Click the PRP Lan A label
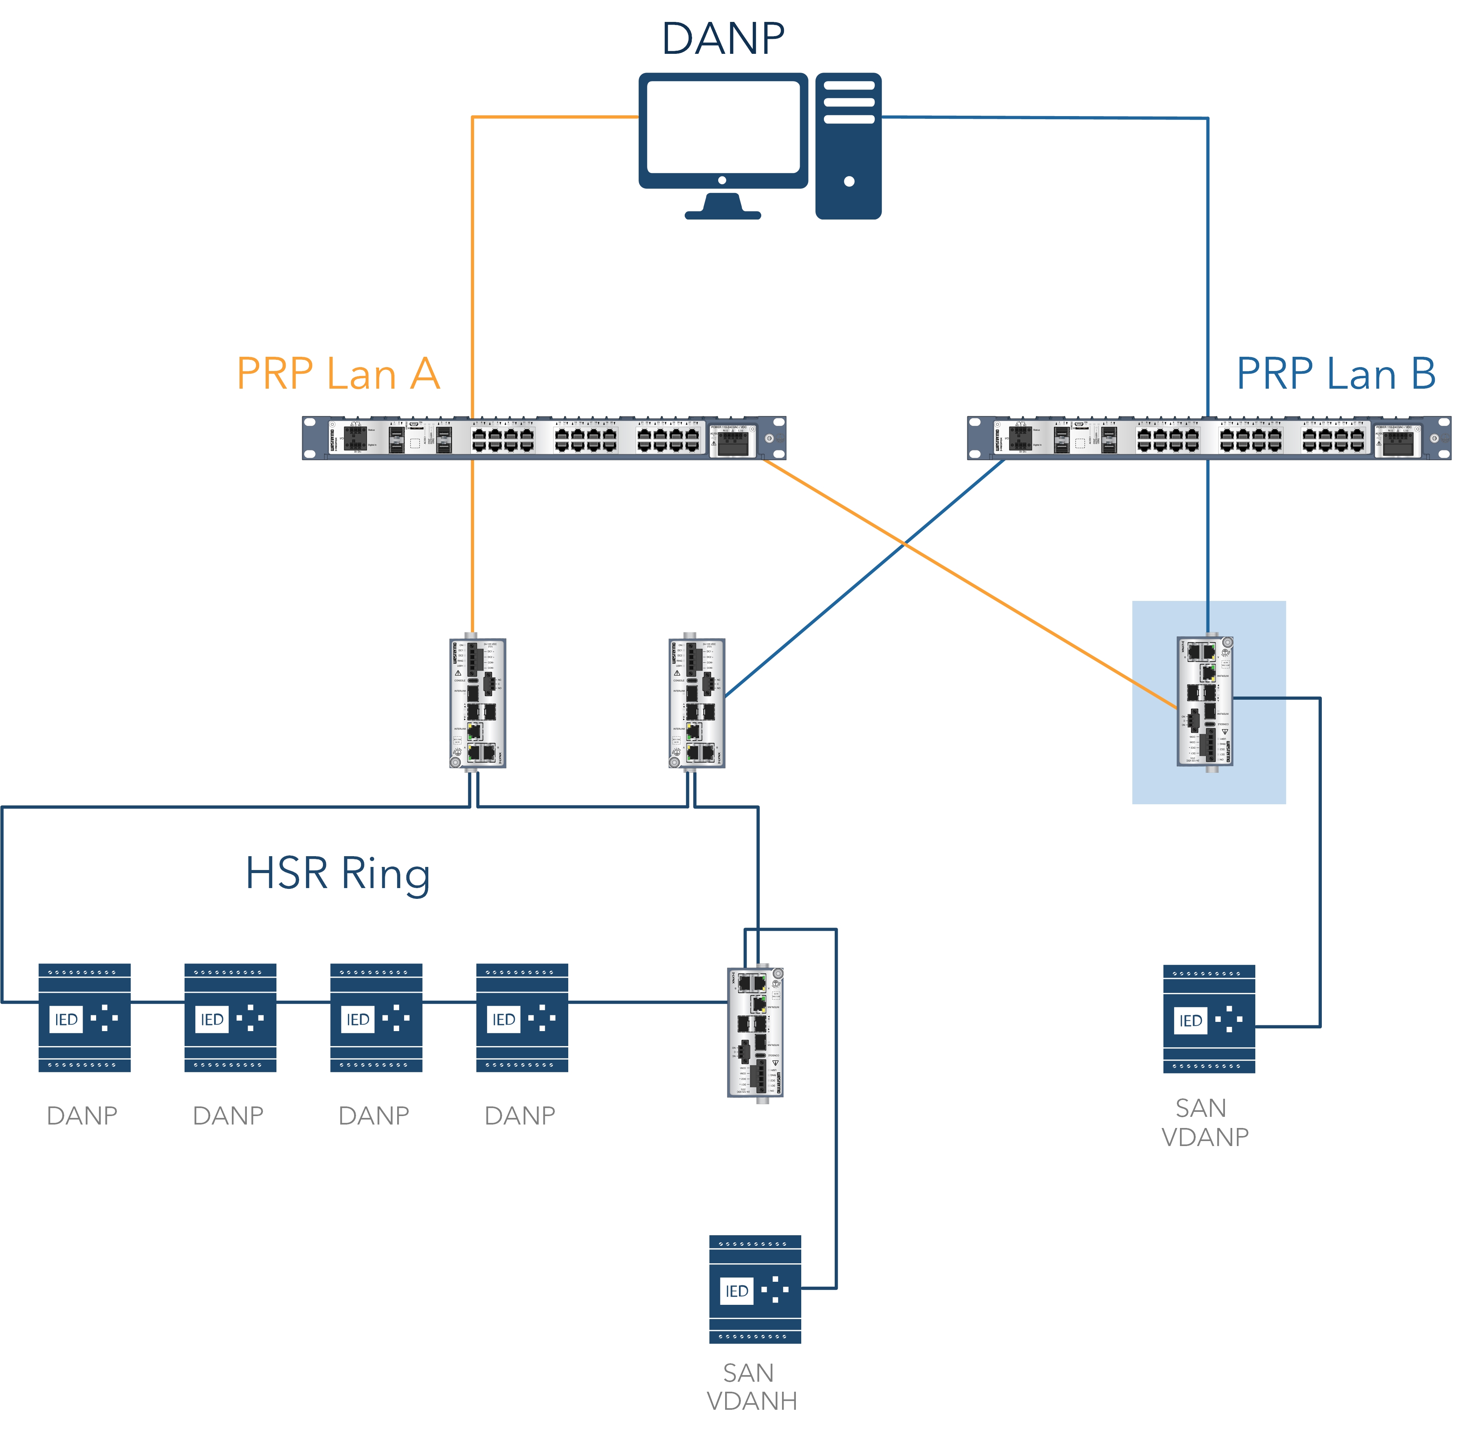click(x=338, y=374)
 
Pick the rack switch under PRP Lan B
click(x=1208, y=438)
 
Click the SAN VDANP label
click(x=1205, y=1122)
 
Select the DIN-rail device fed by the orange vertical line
click(x=477, y=703)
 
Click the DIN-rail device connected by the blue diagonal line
click(x=696, y=703)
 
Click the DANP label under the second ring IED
click(x=228, y=1116)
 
